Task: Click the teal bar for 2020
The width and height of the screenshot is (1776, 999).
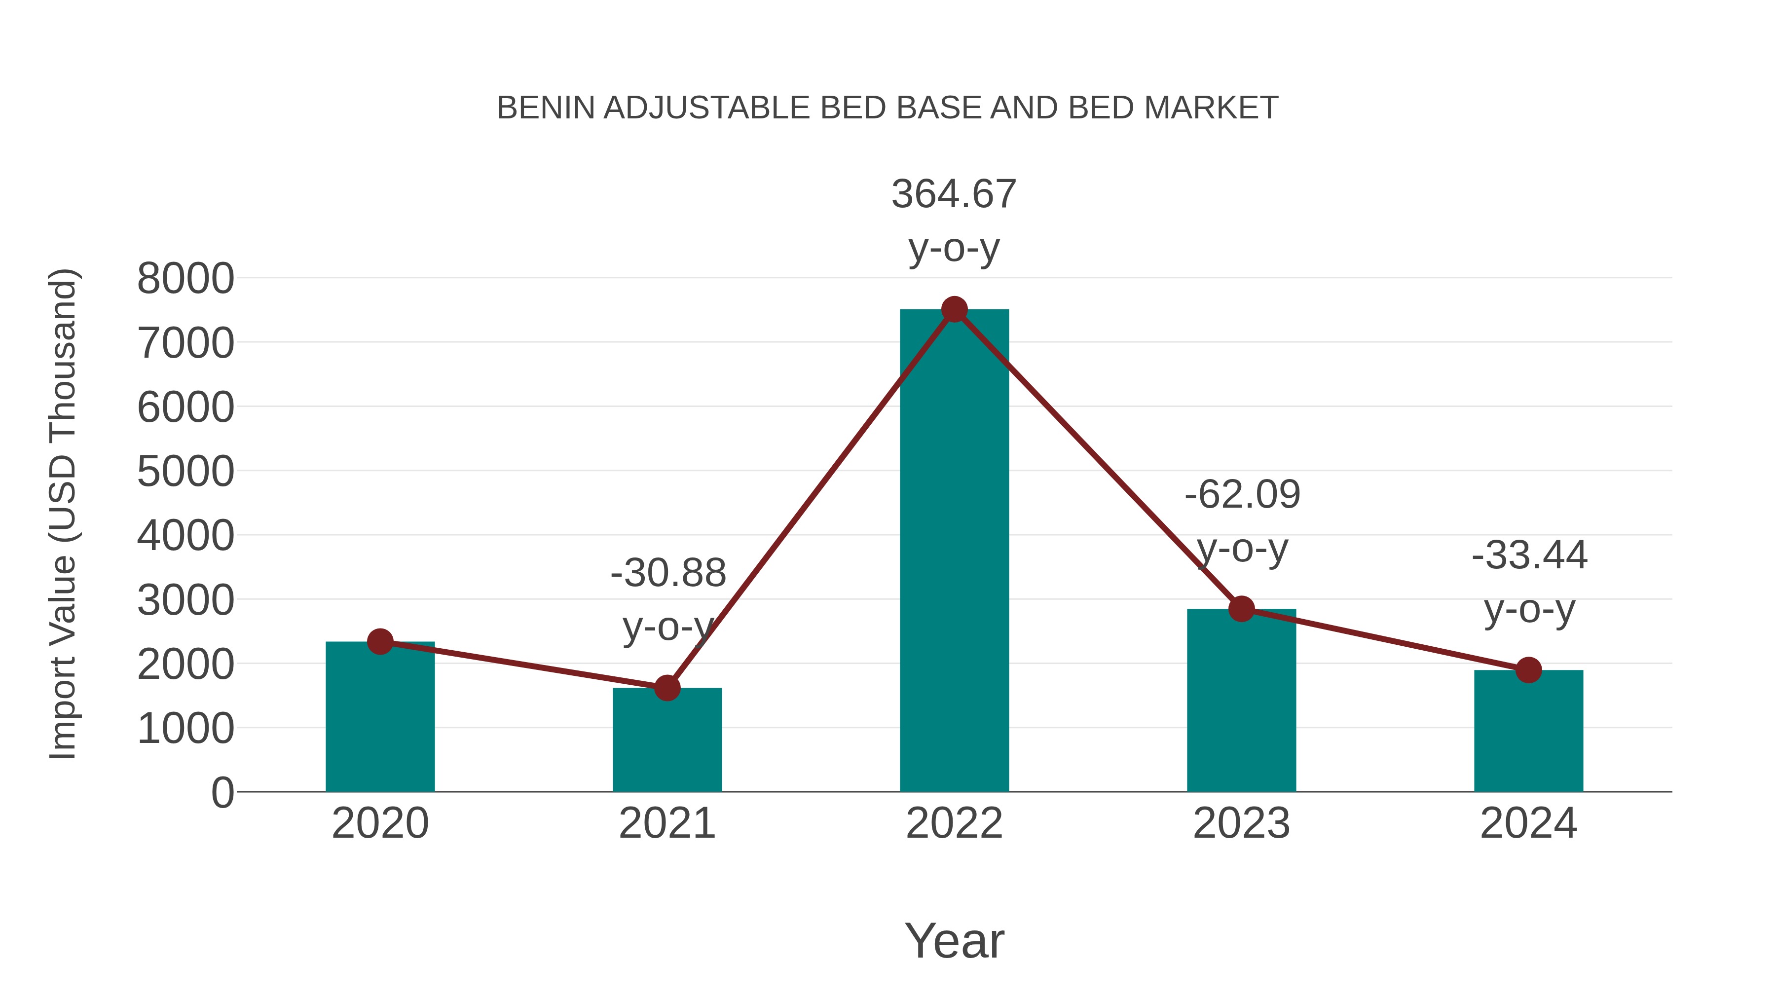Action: [x=380, y=724]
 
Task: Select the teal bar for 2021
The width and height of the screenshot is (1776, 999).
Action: [x=666, y=744]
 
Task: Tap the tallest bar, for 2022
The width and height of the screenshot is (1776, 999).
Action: [x=954, y=552]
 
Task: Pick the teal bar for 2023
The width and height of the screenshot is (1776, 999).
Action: [x=1241, y=703]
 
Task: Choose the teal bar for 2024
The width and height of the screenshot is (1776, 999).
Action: [x=1528, y=734]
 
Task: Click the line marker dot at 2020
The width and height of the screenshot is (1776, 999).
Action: [x=380, y=642]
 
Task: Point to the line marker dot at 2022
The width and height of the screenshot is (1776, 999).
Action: [x=954, y=309]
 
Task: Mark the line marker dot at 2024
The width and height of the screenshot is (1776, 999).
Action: [x=1528, y=669]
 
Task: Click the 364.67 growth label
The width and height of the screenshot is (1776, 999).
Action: [x=954, y=194]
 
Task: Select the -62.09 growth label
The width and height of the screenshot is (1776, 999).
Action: [x=1242, y=494]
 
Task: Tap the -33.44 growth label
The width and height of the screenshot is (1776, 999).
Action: [x=1529, y=555]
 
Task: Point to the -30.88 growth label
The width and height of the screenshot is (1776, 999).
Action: [x=668, y=573]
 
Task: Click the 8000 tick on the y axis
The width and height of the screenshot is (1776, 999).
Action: [x=185, y=279]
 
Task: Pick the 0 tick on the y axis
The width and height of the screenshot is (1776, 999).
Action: [x=222, y=792]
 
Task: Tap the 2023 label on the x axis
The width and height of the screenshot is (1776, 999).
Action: [x=1241, y=823]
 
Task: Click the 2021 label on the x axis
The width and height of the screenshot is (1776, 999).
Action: [x=666, y=823]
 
